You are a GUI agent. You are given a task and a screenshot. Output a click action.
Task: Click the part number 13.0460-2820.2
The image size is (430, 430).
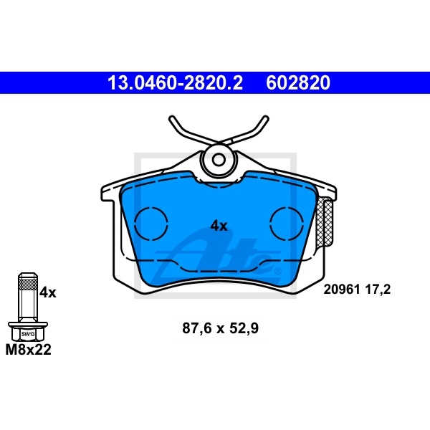pyautogui.click(x=175, y=83)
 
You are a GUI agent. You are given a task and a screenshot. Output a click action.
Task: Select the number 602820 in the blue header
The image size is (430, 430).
pyautogui.click(x=298, y=83)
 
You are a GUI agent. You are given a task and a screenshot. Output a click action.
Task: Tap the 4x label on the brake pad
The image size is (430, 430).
pyautogui.click(x=219, y=226)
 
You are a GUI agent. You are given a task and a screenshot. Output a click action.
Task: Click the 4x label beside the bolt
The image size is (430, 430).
pyautogui.click(x=47, y=292)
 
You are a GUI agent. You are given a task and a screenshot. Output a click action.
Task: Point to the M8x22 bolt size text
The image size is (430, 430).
pyautogui.click(x=29, y=350)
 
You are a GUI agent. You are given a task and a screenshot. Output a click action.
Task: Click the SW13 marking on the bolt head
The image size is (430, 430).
pyautogui.click(x=28, y=334)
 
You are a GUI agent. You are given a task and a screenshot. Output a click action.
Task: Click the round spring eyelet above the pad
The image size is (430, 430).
pyautogui.click(x=218, y=161)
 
